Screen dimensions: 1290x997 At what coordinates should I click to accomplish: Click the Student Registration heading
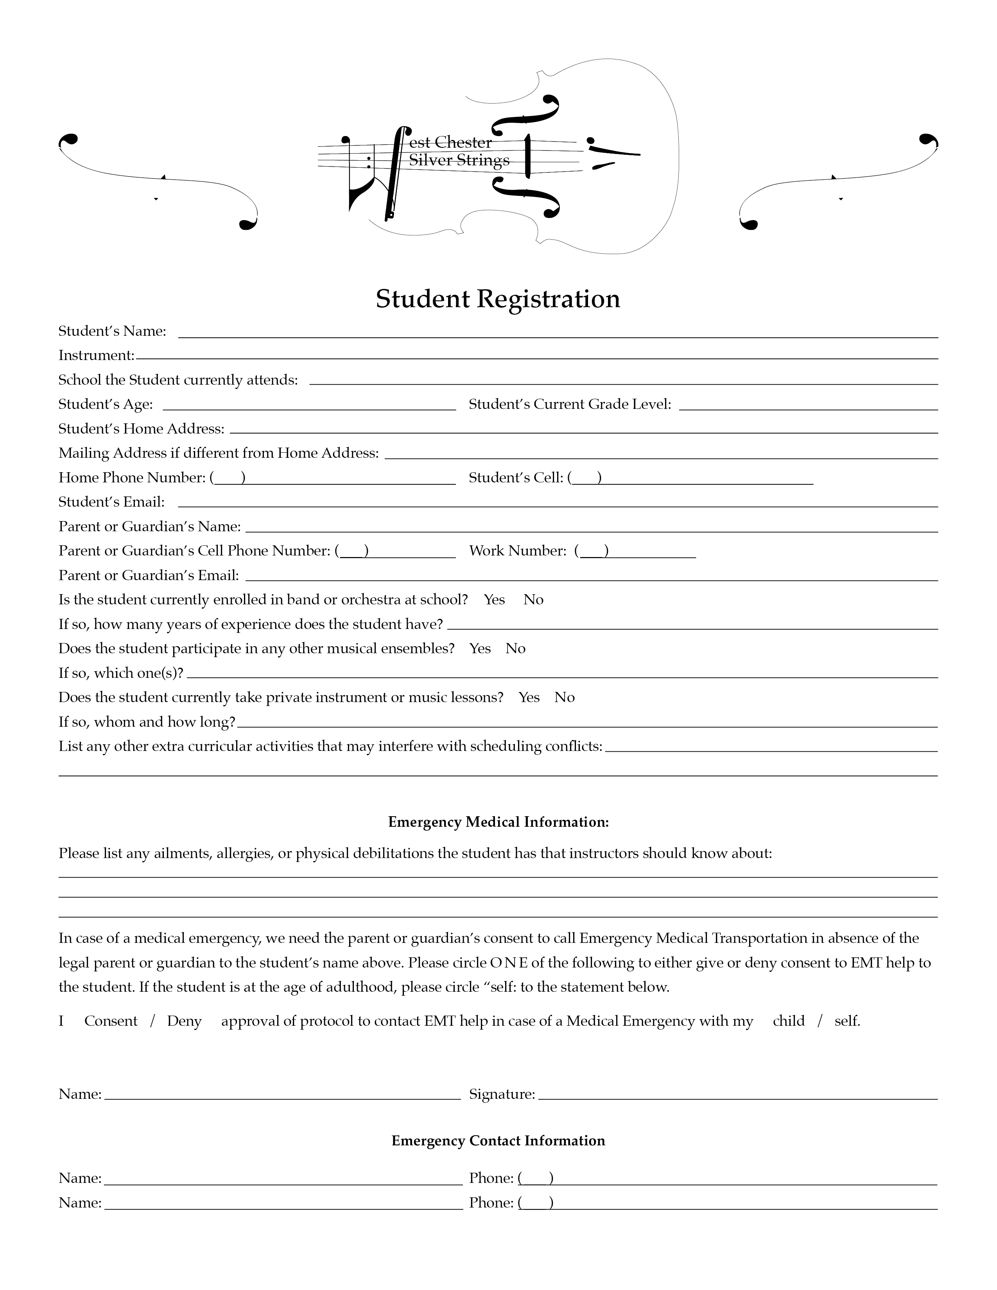(498, 299)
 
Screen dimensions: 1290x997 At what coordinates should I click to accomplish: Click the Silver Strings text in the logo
(459, 160)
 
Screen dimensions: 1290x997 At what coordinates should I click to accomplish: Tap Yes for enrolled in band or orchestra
(494, 600)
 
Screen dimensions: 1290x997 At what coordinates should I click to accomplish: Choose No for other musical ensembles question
(515, 649)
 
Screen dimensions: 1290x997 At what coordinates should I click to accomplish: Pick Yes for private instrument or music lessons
(529, 697)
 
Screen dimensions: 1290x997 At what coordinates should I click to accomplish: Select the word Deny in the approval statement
(184, 1021)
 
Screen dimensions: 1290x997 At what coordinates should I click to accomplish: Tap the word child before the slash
(789, 1021)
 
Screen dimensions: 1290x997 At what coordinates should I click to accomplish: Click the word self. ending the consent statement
(847, 1021)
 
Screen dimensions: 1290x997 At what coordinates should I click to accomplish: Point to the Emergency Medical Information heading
(498, 822)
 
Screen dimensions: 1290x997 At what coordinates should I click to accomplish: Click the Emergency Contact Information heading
(498, 1141)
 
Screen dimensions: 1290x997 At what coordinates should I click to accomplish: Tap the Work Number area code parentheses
(594, 552)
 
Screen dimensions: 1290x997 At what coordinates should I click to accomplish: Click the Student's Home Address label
(141, 429)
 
